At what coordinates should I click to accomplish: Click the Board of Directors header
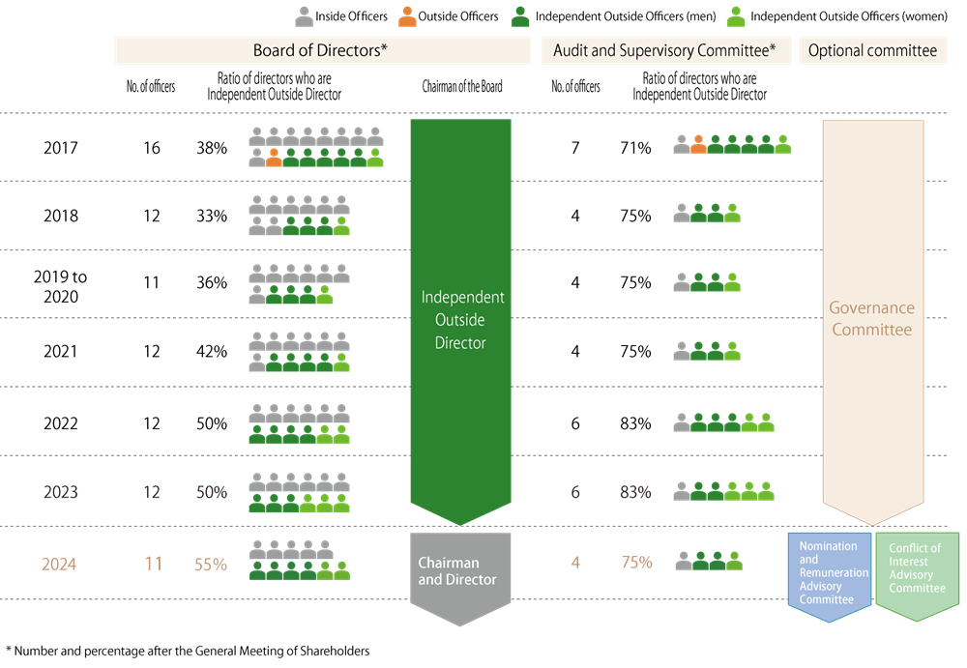(322, 51)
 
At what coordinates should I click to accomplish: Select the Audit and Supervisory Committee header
(664, 51)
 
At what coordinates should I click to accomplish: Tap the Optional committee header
(872, 51)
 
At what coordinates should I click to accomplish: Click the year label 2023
(61, 492)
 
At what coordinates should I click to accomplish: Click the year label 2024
(59, 564)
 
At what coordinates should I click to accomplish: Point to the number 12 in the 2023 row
(151, 492)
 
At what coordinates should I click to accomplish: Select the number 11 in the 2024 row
(153, 564)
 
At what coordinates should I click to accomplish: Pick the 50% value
(211, 492)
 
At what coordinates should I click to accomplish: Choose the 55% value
(211, 564)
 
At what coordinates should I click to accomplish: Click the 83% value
(635, 492)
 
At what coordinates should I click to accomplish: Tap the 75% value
(636, 563)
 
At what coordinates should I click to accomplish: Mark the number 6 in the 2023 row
(575, 492)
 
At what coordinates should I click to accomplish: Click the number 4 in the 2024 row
(575, 563)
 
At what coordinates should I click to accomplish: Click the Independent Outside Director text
(460, 320)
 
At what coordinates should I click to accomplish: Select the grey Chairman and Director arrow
(459, 576)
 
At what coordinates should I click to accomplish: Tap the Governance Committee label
(872, 319)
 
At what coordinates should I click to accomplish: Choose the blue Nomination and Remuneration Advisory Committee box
(829, 573)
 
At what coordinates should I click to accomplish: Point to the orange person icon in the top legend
(408, 16)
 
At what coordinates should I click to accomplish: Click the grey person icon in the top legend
(304, 16)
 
